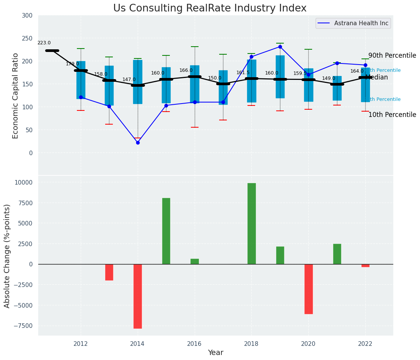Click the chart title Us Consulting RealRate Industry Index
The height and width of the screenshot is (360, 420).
pyautogui.click(x=210, y=8)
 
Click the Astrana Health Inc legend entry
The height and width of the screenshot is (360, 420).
pyautogui.click(x=361, y=23)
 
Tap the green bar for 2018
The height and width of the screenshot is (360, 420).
pyautogui.click(x=251, y=224)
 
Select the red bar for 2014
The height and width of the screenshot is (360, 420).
pyautogui.click(x=138, y=296)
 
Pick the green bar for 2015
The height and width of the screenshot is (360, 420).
pyautogui.click(x=166, y=231)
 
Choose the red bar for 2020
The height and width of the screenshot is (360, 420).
pyautogui.click(x=308, y=289)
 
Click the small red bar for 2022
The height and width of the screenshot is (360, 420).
pyautogui.click(x=365, y=266)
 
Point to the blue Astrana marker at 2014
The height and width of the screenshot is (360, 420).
pyautogui.click(x=138, y=143)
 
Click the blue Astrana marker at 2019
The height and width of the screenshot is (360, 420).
pyautogui.click(x=280, y=47)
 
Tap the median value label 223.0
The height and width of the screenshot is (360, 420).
pyautogui.click(x=44, y=43)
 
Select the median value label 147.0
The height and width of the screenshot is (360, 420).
pyautogui.click(x=129, y=79)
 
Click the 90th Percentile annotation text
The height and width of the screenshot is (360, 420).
pyautogui.click(x=392, y=55)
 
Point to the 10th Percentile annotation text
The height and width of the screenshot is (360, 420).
pyautogui.click(x=392, y=115)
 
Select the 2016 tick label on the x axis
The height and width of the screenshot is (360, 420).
pyautogui.click(x=194, y=344)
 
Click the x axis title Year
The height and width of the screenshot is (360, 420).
pyautogui.click(x=215, y=353)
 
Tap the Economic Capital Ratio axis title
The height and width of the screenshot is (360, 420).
pyautogui.click(x=16, y=96)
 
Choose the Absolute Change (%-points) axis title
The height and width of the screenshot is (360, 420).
pyautogui.click(x=7, y=256)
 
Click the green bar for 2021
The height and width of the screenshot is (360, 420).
pyautogui.click(x=337, y=254)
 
